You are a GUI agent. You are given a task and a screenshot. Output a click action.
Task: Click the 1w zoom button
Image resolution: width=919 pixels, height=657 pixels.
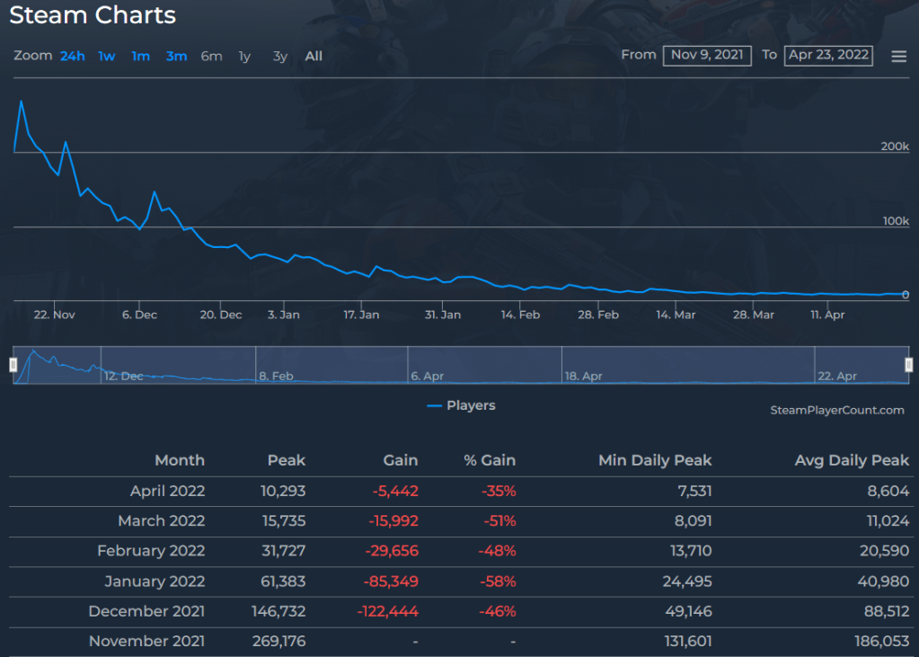(x=107, y=57)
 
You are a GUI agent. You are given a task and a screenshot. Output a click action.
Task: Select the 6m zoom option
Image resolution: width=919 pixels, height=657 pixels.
(x=211, y=57)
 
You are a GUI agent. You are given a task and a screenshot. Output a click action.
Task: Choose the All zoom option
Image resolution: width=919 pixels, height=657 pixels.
(x=314, y=57)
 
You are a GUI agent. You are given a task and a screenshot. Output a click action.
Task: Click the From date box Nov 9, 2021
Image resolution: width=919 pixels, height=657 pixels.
(x=707, y=55)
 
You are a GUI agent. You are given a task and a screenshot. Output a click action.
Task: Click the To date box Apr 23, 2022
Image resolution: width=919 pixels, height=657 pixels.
(x=828, y=55)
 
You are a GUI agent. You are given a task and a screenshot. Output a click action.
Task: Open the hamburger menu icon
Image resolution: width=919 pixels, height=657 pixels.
(x=898, y=57)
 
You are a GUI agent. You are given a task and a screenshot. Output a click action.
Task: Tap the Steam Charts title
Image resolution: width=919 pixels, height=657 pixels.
(x=93, y=15)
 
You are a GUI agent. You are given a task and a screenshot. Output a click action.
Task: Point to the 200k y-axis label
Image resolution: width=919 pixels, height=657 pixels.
(x=895, y=146)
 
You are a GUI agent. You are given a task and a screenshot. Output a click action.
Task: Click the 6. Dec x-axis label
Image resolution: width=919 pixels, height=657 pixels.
(x=139, y=315)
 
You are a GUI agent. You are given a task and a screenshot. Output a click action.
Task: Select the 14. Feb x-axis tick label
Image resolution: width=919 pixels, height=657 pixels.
(x=520, y=315)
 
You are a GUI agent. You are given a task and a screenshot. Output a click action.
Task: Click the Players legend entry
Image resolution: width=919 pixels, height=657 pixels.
(x=462, y=405)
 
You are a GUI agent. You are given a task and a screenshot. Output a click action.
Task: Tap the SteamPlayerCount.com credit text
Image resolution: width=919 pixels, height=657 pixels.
(x=837, y=410)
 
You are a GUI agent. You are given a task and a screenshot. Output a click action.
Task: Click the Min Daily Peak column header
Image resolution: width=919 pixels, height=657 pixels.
(x=655, y=460)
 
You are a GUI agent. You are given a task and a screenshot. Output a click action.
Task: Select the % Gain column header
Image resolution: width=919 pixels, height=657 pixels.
(x=490, y=460)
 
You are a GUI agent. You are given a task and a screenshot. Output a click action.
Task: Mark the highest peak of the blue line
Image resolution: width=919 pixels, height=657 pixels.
(x=21, y=101)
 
